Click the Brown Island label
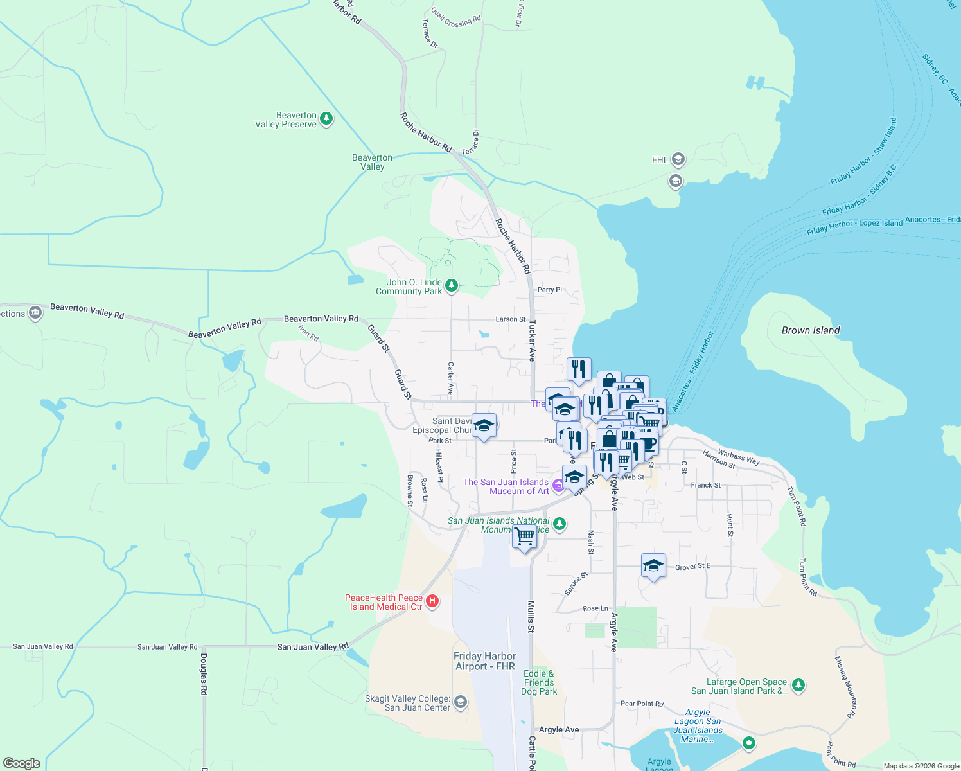811,330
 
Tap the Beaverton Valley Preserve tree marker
326,118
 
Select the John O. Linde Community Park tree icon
452,285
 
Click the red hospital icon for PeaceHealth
432,601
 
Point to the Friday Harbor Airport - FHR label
485,661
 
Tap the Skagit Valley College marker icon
460,702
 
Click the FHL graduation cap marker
678,159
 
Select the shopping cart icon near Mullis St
525,536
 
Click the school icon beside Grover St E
653,565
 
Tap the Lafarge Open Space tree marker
798,686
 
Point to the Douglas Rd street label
204,674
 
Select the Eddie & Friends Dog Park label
539,682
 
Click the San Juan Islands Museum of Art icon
558,486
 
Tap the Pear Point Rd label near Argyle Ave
642,704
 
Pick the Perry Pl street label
550,290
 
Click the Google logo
21,763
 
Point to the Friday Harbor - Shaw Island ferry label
863,151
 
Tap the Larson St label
511,319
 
